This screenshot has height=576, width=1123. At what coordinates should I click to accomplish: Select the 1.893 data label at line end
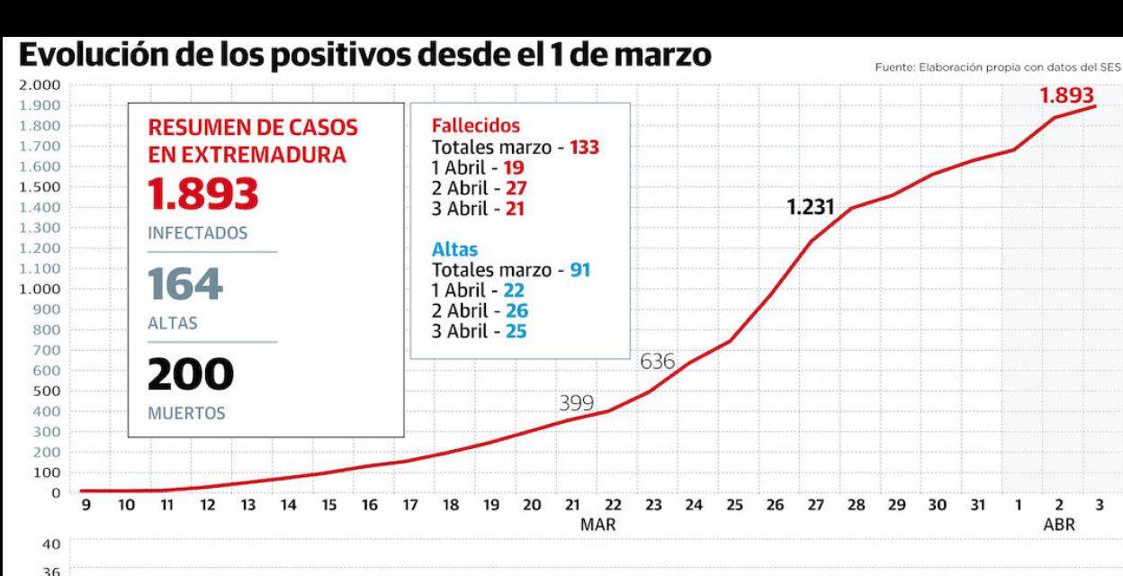tap(1067, 96)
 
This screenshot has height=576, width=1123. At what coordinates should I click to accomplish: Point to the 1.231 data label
tap(811, 208)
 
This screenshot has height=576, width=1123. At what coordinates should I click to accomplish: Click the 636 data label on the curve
tap(658, 362)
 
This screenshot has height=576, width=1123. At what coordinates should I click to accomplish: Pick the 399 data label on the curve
tap(576, 404)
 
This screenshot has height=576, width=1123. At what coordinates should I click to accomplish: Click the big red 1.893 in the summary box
tap(202, 193)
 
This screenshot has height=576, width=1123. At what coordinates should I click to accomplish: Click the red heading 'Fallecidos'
tap(476, 126)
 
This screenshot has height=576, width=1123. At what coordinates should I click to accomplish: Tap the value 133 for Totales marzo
tap(583, 147)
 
